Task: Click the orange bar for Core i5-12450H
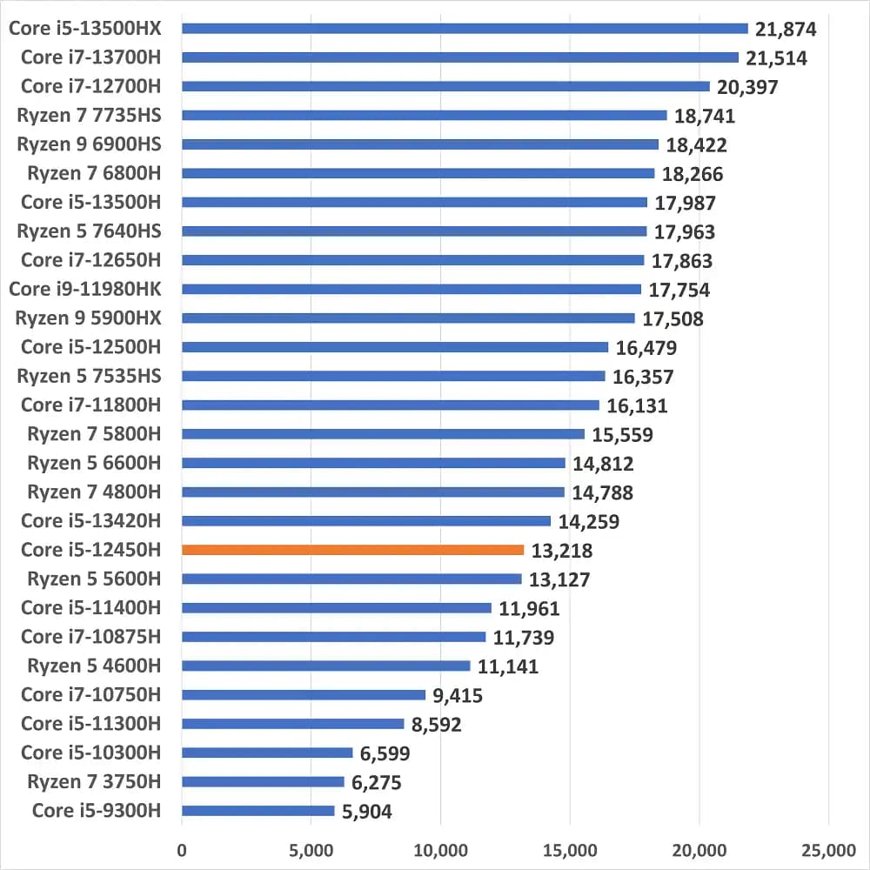point(353,550)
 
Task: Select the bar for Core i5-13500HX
point(465,29)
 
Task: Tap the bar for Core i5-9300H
point(258,811)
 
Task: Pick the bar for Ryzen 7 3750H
point(263,781)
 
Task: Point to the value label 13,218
point(561,551)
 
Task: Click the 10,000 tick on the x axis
point(440,848)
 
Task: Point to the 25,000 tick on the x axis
point(828,848)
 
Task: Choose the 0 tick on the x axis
point(182,848)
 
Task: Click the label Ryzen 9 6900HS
point(89,144)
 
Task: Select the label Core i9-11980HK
point(84,289)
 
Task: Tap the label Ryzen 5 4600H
point(94,666)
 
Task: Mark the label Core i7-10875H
point(90,637)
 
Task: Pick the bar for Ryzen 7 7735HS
point(424,115)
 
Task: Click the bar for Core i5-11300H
point(293,724)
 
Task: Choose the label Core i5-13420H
point(90,521)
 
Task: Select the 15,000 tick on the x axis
point(570,848)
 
